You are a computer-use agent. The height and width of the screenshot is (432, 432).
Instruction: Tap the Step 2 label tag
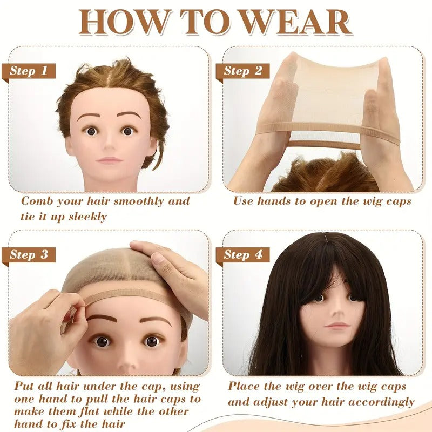click(x=242, y=71)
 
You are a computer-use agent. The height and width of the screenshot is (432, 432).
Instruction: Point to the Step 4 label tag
click(x=242, y=255)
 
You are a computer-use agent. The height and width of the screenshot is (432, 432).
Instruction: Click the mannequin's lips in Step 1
click(x=110, y=160)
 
